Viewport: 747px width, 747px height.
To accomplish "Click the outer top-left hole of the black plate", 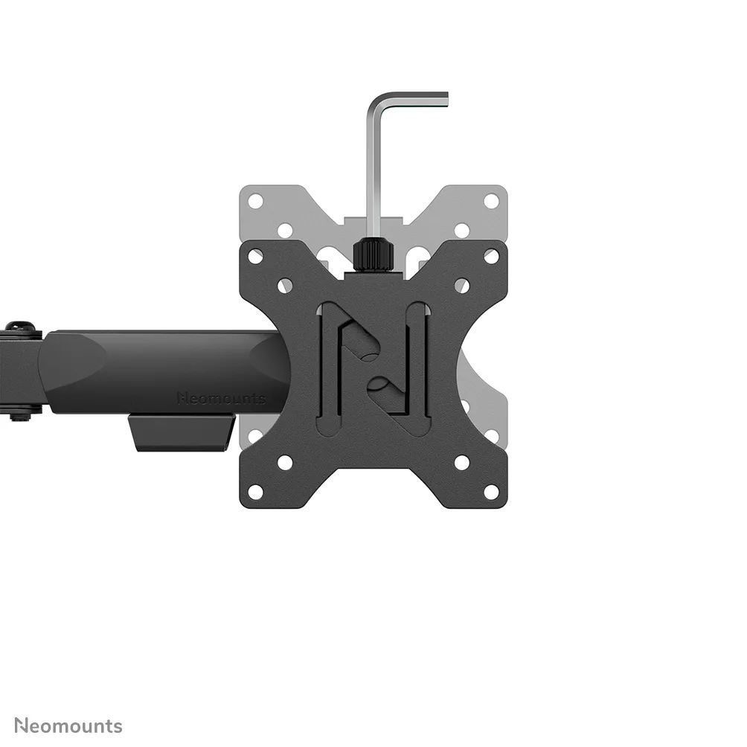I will (255, 256).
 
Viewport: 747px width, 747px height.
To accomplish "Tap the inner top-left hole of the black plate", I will (285, 285).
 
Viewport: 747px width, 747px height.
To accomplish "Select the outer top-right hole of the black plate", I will (491, 256).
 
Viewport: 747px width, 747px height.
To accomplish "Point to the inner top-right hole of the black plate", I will (461, 285).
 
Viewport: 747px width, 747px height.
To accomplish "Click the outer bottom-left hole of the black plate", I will (255, 492).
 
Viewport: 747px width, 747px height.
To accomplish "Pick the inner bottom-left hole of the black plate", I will (285, 462).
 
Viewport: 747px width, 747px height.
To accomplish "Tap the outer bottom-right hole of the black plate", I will (491, 492).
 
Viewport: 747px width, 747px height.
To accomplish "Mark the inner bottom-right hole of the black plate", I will (461, 462).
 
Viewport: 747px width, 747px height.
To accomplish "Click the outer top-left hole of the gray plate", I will (255, 201).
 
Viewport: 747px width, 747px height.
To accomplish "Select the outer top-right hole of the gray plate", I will (491, 201).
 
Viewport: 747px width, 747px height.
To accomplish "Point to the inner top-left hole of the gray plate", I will (285, 231).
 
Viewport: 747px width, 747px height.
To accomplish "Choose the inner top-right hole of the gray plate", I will (461, 231).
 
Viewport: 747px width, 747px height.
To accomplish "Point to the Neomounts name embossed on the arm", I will (221, 398).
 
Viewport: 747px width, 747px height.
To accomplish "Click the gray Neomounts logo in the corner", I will (68, 725).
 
